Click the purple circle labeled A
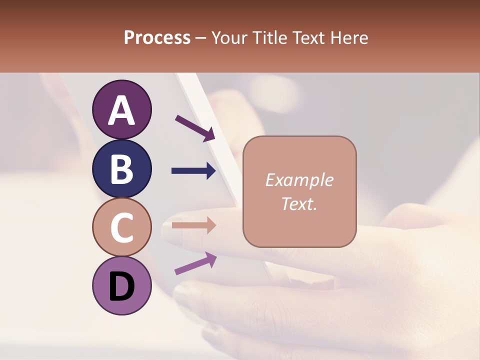point(122,109)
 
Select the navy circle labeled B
point(122,168)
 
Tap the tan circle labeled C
point(122,227)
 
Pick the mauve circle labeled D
point(122,286)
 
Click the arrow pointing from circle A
point(195,127)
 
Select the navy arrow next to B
point(193,171)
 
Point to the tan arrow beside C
point(193,225)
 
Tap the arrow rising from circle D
point(195,263)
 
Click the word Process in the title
point(157,38)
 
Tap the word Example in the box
point(299,180)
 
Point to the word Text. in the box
point(299,203)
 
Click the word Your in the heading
point(228,38)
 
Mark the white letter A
point(122,110)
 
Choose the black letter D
point(122,287)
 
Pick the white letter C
point(122,228)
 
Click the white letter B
point(122,169)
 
